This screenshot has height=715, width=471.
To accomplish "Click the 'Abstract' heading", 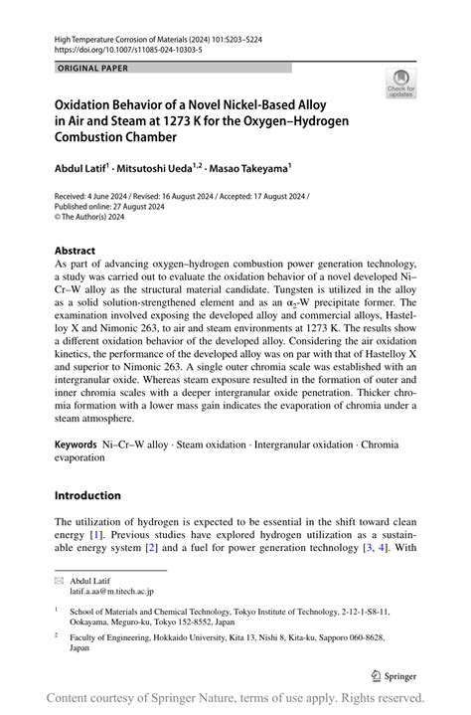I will coord(75,251).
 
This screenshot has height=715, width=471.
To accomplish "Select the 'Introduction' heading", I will coord(87,495).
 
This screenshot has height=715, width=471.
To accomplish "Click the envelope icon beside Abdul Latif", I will coord(59,579).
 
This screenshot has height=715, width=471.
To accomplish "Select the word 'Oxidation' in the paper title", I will coord(87,102).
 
